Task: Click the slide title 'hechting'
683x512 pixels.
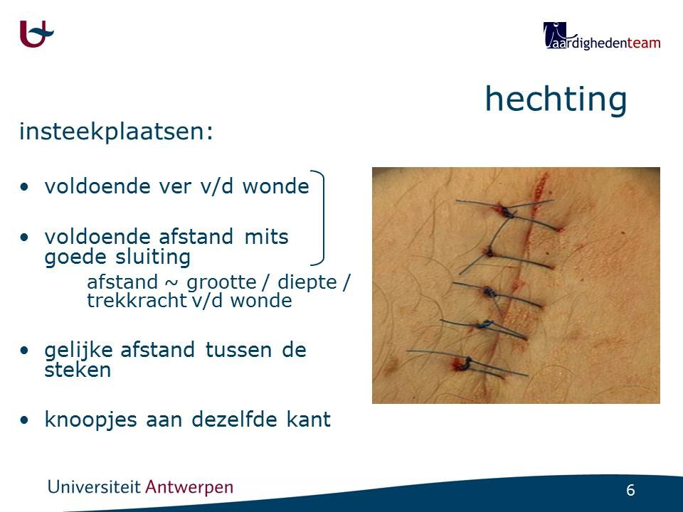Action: (x=556, y=100)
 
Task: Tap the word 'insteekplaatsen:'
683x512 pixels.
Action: (x=116, y=132)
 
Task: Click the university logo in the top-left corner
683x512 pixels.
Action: (x=36, y=34)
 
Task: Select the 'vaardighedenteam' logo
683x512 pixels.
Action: (x=602, y=36)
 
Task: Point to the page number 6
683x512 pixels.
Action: (x=630, y=490)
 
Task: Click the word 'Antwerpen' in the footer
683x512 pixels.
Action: (x=189, y=487)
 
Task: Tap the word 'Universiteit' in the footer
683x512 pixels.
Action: (x=94, y=486)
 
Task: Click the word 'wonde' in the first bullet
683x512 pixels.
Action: (x=276, y=186)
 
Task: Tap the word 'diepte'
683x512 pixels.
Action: (x=307, y=282)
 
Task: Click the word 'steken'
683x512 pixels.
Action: (x=78, y=370)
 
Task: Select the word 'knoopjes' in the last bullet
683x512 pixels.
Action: (x=92, y=420)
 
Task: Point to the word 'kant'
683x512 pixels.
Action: (x=308, y=420)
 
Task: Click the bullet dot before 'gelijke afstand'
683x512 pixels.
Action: (x=25, y=350)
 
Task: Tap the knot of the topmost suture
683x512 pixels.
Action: (x=506, y=213)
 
